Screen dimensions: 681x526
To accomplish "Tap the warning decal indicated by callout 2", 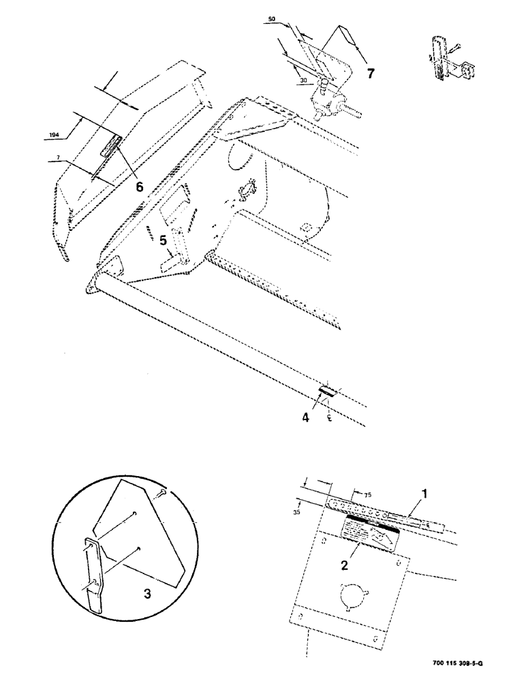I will click(x=371, y=531).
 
